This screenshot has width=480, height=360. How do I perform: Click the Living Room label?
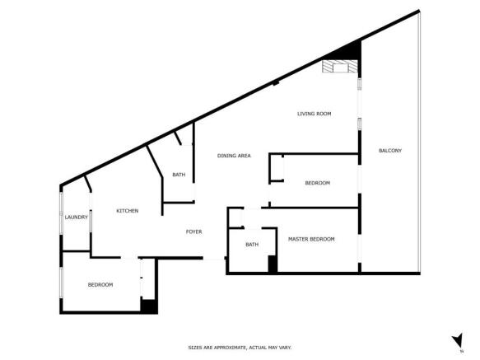(x=314, y=114)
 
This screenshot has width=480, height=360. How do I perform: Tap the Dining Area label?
(x=234, y=156)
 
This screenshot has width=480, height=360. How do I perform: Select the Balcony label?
(x=389, y=150)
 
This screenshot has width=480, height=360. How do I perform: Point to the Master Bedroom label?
(x=311, y=239)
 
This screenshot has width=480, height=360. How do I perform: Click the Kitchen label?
(x=127, y=211)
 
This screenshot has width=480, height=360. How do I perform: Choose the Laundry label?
(x=77, y=217)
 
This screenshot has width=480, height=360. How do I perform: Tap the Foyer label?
(x=193, y=231)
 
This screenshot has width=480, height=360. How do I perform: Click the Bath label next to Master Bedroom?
(x=252, y=244)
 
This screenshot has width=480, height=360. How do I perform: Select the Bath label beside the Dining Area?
(x=179, y=175)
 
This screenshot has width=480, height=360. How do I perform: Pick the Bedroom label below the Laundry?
(x=100, y=284)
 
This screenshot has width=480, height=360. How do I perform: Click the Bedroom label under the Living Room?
(x=317, y=183)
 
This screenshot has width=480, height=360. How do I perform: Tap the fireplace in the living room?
(x=336, y=68)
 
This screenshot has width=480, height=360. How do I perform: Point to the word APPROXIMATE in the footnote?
(x=230, y=348)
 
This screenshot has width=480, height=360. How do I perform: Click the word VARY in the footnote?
(x=284, y=348)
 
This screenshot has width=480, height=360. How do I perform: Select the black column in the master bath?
(x=273, y=264)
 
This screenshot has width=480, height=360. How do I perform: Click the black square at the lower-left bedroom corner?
(x=148, y=306)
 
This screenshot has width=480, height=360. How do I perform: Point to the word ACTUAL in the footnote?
(x=257, y=348)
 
